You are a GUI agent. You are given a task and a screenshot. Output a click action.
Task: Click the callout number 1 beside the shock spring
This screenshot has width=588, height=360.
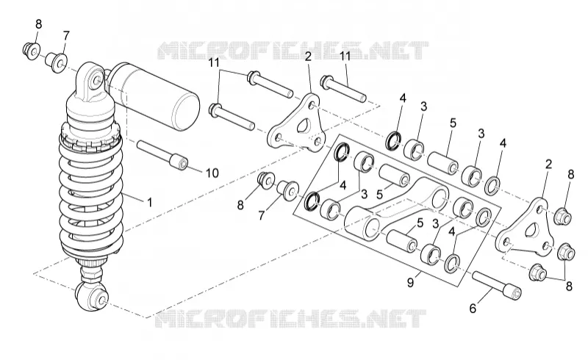coord(150,203)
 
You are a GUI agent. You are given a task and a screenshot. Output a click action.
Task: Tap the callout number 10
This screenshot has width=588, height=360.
coord(212,173)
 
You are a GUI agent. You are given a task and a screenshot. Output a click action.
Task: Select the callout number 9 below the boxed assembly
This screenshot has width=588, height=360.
coord(410,282)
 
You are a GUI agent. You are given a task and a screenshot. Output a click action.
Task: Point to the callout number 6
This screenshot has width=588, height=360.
coord(473,309)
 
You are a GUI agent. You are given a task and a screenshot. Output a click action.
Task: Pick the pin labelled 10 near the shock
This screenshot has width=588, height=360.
coord(162,155)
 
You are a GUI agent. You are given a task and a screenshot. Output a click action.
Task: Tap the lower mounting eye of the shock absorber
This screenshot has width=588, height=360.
coord(93,296)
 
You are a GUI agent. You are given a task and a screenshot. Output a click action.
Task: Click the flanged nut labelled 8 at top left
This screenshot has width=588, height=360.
coord(31,51)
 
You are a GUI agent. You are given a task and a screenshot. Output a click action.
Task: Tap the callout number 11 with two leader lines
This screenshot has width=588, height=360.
coord(214,62)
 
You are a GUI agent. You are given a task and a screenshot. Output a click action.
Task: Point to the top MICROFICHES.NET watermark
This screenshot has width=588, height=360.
coord(293,51)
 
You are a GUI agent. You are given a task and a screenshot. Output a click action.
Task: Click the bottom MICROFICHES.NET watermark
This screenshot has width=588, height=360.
coord(291,319)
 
